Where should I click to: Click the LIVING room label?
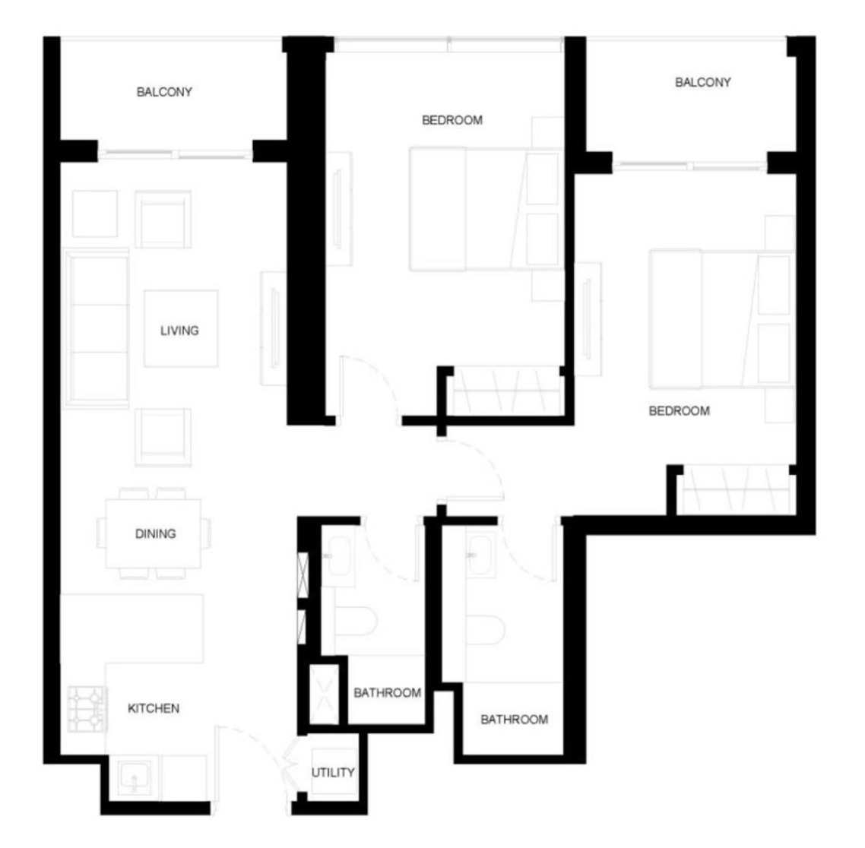pos(179,331)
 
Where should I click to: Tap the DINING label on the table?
pos(156,533)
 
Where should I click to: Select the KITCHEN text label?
pos(154,708)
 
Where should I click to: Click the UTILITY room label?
pos(333,773)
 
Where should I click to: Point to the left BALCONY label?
pos(164,91)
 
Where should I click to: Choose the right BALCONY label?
pos(703,82)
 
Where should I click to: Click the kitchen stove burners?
pos(87,708)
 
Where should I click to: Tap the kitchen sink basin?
pos(135,777)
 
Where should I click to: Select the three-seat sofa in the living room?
pos(97,328)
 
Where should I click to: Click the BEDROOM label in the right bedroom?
pos(679,411)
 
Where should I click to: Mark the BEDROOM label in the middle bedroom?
pos(452,119)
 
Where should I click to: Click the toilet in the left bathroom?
pos(356,621)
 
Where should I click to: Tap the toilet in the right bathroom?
pos(485,629)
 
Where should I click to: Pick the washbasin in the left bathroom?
pos(337,555)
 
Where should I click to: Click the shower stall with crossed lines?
pos(324,695)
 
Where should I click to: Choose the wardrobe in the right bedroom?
pos(735,490)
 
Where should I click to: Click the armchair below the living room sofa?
pos(163,437)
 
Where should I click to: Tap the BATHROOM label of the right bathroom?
pos(514,719)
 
